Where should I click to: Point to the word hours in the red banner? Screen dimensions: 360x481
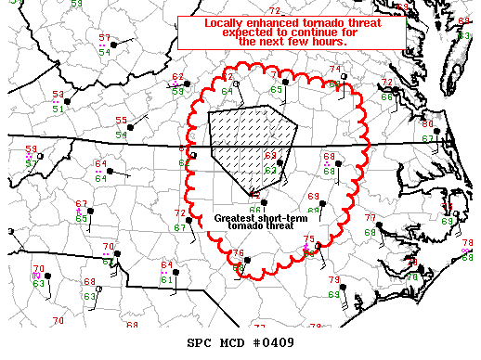[327, 42]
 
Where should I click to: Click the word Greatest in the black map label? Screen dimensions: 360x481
[235, 219]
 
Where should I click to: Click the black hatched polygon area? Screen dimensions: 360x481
[246, 139]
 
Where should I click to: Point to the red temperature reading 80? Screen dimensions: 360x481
[427, 123]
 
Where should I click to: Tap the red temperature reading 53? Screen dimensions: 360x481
[58, 95]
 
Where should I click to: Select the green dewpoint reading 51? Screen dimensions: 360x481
[58, 109]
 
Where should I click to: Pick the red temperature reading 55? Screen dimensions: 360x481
[121, 121]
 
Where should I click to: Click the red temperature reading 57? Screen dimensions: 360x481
[104, 38]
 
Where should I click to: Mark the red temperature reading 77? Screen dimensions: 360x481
[370, 217]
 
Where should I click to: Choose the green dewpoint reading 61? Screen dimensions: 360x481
[165, 279]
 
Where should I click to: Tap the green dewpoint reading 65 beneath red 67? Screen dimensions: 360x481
[82, 218]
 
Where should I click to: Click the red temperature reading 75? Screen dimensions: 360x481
[309, 239]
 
